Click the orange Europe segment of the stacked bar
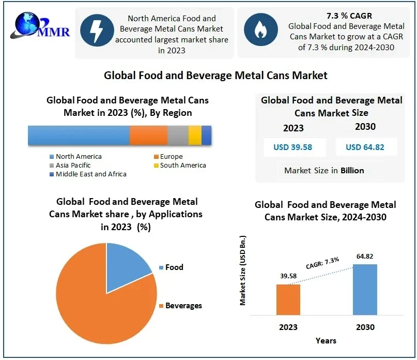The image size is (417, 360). (x=148, y=135)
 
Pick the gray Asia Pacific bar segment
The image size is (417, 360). (x=178, y=135)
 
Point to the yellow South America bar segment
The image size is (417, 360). (x=195, y=135)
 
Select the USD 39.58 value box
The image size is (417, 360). (x=292, y=147)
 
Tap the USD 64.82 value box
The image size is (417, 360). (x=365, y=147)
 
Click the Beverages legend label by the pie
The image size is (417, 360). (x=183, y=306)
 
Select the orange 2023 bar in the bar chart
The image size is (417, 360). (x=288, y=299)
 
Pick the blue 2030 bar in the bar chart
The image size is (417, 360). (x=365, y=289)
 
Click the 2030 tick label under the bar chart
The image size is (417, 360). (x=365, y=327)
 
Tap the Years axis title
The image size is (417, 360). (x=326, y=340)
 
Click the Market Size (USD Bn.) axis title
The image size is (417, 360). (x=243, y=271)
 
